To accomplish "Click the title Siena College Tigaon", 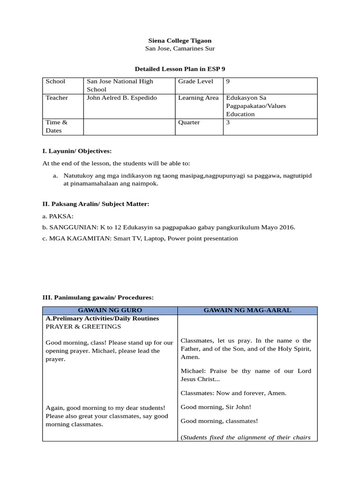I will pos(180,41).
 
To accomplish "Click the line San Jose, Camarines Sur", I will pos(180,49).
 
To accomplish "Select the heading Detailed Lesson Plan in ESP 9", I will pos(180,69).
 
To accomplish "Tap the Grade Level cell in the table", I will pos(195,82).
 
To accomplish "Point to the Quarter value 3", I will pos(228,122).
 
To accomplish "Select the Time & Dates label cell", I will pos(57,127).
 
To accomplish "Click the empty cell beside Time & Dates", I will pos(129,127).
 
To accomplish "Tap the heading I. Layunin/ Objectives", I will pos(77,151).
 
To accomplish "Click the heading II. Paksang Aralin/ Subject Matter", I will pos(96,204).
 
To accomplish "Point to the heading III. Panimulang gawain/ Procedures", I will pos(98,298).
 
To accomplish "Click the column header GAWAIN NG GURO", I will pos(110,311).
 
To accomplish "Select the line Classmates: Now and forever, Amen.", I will pos(233,393).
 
